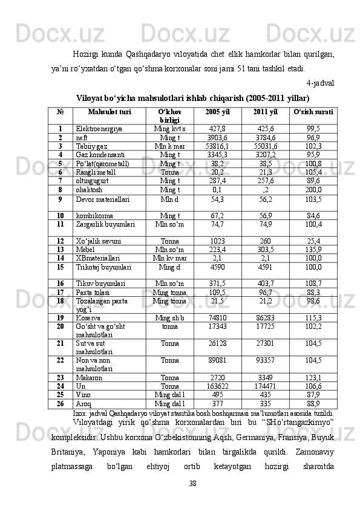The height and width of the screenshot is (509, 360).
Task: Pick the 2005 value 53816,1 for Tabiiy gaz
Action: pos(217,146)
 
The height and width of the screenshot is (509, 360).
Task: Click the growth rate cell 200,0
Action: pos(313,189)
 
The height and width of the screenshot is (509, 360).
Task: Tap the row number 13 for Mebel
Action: pos(61,249)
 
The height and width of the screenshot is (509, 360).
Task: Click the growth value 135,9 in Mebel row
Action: pos(313,249)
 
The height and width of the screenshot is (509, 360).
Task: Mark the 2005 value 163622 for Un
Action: pos(217,386)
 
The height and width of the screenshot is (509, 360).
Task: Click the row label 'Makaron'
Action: pos(89,377)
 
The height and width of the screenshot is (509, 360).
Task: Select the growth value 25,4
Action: pos(313,241)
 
